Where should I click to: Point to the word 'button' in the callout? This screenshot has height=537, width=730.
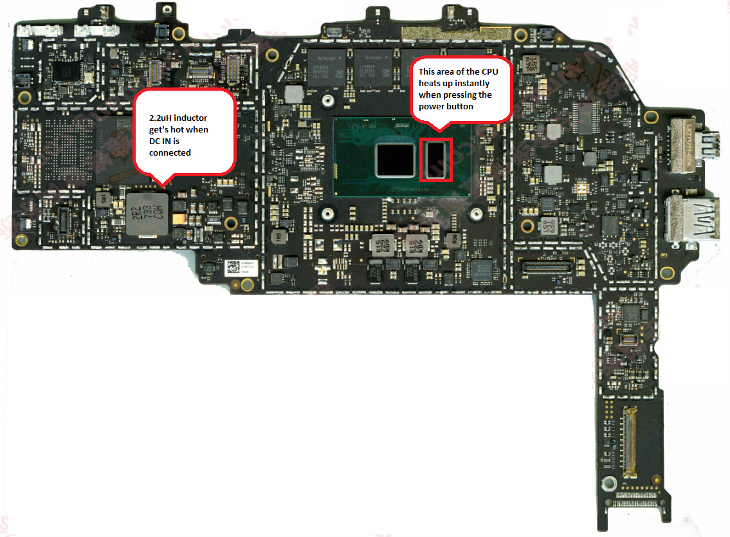[459, 106]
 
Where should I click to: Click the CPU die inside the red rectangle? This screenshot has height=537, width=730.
[435, 159]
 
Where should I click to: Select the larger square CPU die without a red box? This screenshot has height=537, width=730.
[395, 159]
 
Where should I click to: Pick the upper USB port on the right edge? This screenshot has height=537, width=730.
[687, 144]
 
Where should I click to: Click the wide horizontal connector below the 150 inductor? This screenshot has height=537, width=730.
[547, 266]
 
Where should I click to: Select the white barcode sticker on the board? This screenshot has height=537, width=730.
[241, 268]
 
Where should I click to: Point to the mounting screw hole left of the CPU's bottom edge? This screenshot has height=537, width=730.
[327, 214]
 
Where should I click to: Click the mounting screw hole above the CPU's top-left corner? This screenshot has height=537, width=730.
[327, 101]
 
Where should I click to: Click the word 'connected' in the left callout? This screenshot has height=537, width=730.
[170, 153]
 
